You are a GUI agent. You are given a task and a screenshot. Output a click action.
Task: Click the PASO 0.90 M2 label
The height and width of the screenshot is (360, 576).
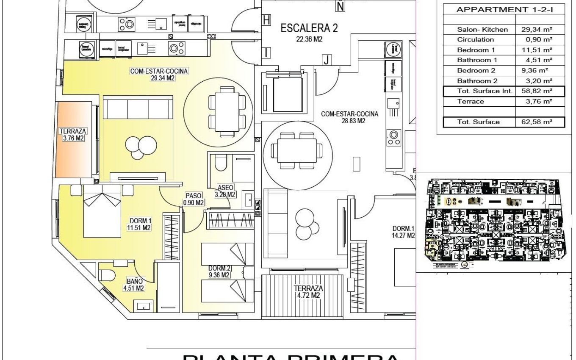194,199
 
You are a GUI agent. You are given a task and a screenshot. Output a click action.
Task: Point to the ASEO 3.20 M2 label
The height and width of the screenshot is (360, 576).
225,191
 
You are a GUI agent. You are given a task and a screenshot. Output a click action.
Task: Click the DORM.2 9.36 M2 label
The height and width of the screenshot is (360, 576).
219,271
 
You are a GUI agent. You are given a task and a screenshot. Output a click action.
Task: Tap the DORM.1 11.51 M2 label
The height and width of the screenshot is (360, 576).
140,224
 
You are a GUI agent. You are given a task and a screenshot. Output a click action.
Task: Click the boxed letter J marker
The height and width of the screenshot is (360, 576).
326,60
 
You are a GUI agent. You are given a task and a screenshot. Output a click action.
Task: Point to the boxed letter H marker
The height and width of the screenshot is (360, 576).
266,20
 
